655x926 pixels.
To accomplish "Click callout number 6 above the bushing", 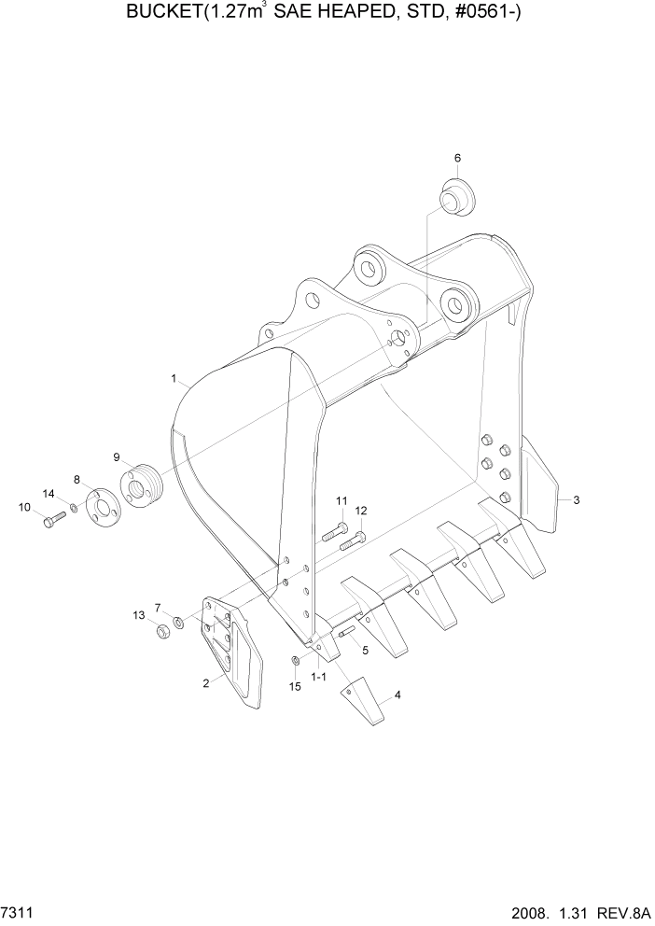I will coord(457,158).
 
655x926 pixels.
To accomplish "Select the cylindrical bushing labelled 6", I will coord(456,199).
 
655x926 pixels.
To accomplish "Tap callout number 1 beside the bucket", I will coord(174,378).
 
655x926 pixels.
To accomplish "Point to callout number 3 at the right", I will coord(577,500).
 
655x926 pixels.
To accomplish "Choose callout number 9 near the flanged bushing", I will coord(117,456).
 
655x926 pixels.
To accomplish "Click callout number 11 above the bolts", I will coord(341,500).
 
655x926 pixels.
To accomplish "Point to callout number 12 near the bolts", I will coord(361,511).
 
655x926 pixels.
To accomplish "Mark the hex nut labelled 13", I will coord(160,630).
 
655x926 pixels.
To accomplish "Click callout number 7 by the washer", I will coord(158,607).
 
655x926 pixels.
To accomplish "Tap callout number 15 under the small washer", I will coord(295,686).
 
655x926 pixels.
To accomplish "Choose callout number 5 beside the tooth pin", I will coord(365,650).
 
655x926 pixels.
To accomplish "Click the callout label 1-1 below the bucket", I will coord(318,675).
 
